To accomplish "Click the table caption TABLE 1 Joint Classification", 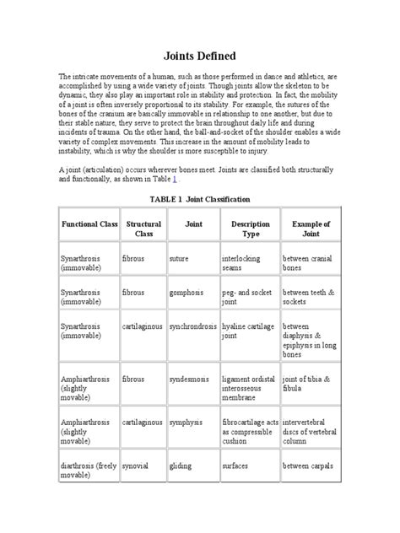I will (x=199, y=200).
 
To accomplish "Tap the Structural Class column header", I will (x=143, y=229).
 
